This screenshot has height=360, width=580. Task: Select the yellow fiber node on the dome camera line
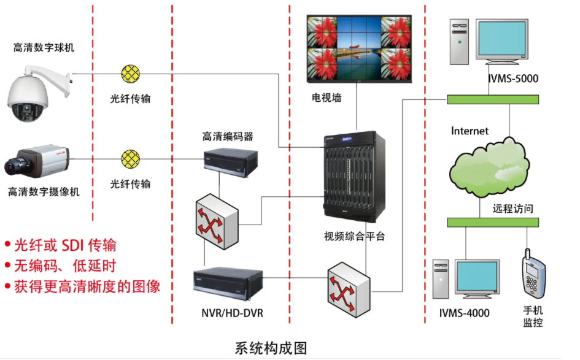point(130,74)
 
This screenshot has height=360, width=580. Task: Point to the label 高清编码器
point(228,136)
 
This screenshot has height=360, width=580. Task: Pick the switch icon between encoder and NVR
point(216,216)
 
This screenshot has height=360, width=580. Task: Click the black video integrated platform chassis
point(355,175)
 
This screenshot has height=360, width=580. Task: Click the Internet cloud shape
point(489,166)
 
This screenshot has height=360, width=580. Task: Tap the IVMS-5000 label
point(512,79)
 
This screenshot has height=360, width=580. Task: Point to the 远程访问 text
point(512,209)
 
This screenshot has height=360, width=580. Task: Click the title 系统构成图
point(271,348)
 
